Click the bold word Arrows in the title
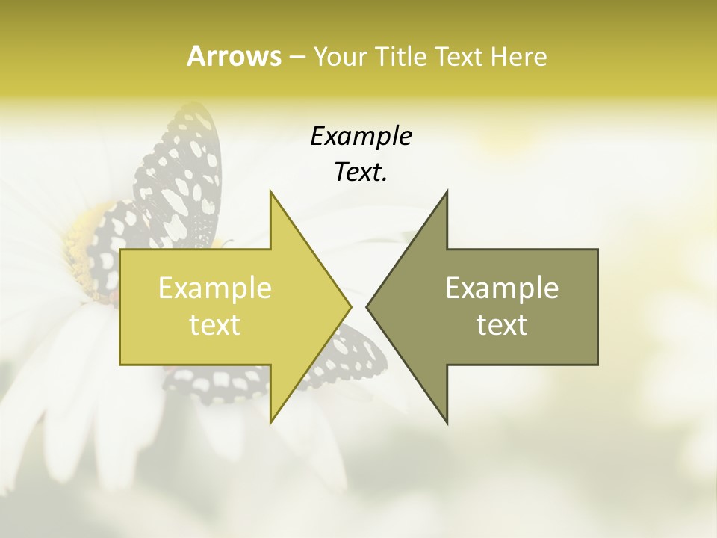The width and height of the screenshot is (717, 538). coord(234,56)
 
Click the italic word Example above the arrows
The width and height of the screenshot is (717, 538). coord(361,137)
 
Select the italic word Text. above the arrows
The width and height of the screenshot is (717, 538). coord(361,173)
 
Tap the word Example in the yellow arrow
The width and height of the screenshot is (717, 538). coord(214,288)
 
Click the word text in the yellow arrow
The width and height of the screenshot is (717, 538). coord(214,325)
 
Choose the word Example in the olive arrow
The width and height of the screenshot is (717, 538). coord(502,288)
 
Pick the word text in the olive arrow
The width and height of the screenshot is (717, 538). coord(502,325)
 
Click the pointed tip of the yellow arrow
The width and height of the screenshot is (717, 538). coord(350,306)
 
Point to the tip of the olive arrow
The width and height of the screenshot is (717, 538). coord(368,306)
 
